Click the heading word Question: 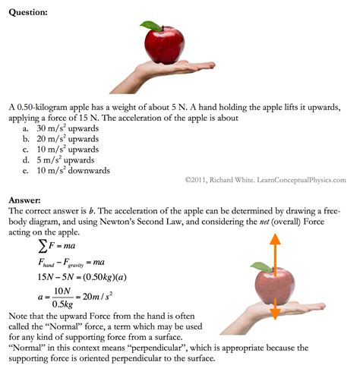click(30, 11)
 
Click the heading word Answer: click(26, 200)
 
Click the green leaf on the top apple click(152, 26)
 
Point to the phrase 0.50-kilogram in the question click(49, 111)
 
